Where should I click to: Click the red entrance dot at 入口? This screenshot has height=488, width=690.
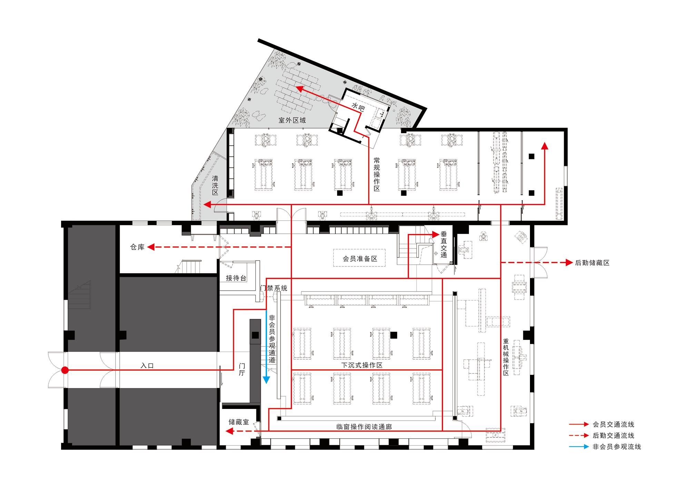65,370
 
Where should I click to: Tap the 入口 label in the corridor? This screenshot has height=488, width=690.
147,365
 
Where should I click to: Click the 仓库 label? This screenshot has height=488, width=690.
137,247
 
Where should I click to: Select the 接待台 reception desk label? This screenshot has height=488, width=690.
236,278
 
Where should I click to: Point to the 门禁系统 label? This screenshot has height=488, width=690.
274,288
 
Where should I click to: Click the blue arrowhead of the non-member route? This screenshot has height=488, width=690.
266,380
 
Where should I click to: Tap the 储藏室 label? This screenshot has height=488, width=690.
238,422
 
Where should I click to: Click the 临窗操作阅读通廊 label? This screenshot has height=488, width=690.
364,427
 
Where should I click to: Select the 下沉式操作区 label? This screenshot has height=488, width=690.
362,365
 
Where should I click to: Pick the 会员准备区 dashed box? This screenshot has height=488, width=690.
359,258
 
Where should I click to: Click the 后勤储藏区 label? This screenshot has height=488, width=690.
592,263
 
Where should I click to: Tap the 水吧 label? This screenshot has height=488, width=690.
358,107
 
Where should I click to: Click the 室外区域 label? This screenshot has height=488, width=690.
292,120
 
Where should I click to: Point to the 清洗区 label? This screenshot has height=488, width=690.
215,185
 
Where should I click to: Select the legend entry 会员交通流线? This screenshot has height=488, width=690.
613,424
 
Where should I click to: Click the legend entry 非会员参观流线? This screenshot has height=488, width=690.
617,447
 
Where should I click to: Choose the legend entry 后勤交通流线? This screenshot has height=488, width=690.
613,436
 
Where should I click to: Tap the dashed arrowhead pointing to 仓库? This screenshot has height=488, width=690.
151,247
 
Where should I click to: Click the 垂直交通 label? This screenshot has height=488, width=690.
444,245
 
